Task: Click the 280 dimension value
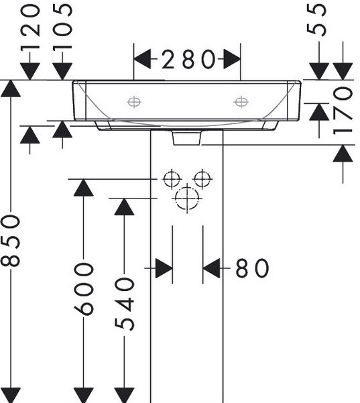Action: [188, 60]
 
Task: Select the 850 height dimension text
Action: [11, 241]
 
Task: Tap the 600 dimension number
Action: [84, 289]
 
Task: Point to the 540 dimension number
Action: [125, 304]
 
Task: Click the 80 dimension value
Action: [252, 268]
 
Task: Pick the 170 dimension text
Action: [343, 111]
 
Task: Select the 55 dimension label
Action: [316, 20]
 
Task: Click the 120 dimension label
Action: [30, 27]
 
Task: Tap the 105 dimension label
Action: [62, 26]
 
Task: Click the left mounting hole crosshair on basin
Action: [134, 103]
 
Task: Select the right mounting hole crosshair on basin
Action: [241, 102]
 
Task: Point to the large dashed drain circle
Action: [187, 198]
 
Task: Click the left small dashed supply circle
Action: [172, 179]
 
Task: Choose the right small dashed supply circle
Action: [202, 178]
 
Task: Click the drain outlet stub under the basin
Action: [187, 138]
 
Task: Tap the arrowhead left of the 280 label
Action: [142, 60]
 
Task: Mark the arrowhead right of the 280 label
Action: [232, 60]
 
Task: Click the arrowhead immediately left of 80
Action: [211, 268]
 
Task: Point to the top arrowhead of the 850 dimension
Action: [11, 89]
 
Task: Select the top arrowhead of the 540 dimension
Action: [125, 207]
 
